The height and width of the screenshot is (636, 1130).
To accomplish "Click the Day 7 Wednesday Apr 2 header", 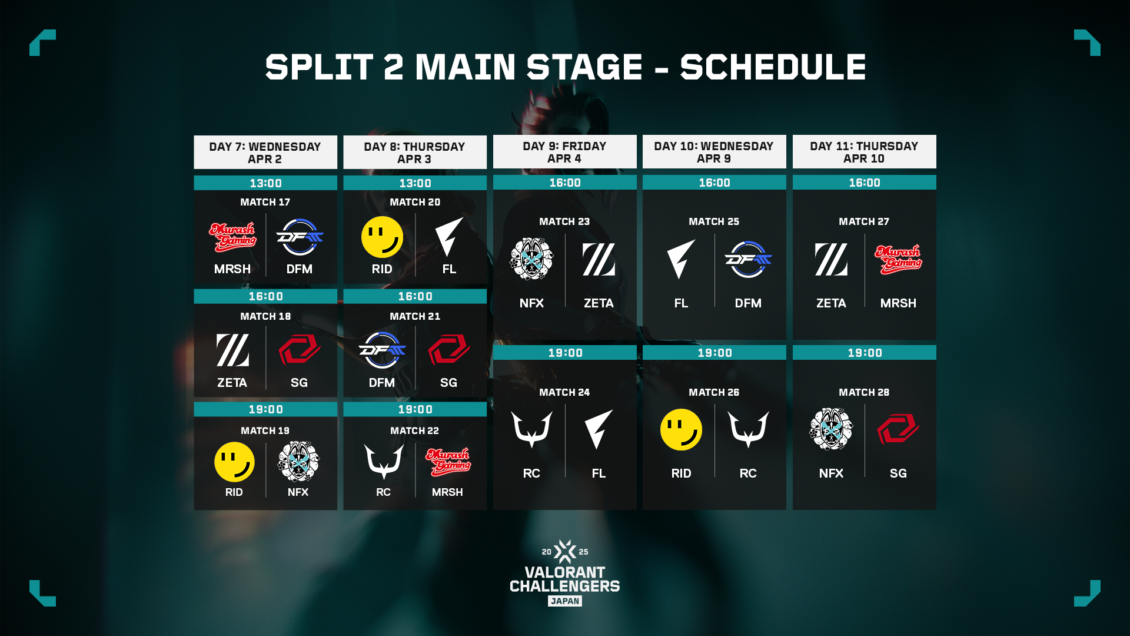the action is pyautogui.click(x=265, y=153).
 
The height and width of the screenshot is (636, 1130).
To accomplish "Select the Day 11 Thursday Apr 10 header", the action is pyautogui.click(x=864, y=152).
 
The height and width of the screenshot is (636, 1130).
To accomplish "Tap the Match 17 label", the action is pyautogui.click(x=265, y=202).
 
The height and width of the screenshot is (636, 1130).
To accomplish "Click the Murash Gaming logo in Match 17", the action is pyautogui.click(x=232, y=237).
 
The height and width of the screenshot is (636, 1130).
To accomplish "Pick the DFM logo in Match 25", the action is pyautogui.click(x=748, y=259).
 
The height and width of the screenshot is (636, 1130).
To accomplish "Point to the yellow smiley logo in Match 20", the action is pyautogui.click(x=382, y=237).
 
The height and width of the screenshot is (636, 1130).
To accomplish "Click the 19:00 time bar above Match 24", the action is pyautogui.click(x=565, y=353).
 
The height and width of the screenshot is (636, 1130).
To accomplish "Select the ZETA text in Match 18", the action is pyautogui.click(x=232, y=383).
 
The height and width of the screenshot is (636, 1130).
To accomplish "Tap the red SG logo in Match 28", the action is pyautogui.click(x=898, y=429).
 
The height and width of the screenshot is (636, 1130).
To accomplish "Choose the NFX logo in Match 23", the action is pyautogui.click(x=531, y=259).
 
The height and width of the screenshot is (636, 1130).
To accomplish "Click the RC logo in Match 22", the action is pyautogui.click(x=384, y=462).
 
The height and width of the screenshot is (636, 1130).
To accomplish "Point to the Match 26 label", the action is pyautogui.click(x=714, y=392).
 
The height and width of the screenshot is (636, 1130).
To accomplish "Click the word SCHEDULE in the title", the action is pyautogui.click(x=773, y=67).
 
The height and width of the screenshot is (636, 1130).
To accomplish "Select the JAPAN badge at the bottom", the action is pyautogui.click(x=565, y=601).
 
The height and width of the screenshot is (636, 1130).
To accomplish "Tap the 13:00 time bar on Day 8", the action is pyautogui.click(x=415, y=183).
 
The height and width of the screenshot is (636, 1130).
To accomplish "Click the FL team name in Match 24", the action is pyautogui.click(x=599, y=473).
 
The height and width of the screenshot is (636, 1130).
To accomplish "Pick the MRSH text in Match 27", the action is pyautogui.click(x=898, y=303).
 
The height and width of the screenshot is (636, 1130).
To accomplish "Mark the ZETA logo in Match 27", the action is pyautogui.click(x=831, y=259).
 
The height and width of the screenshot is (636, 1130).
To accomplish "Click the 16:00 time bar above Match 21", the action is pyautogui.click(x=415, y=296).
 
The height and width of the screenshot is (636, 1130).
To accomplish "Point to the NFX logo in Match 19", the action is pyautogui.click(x=298, y=462).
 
